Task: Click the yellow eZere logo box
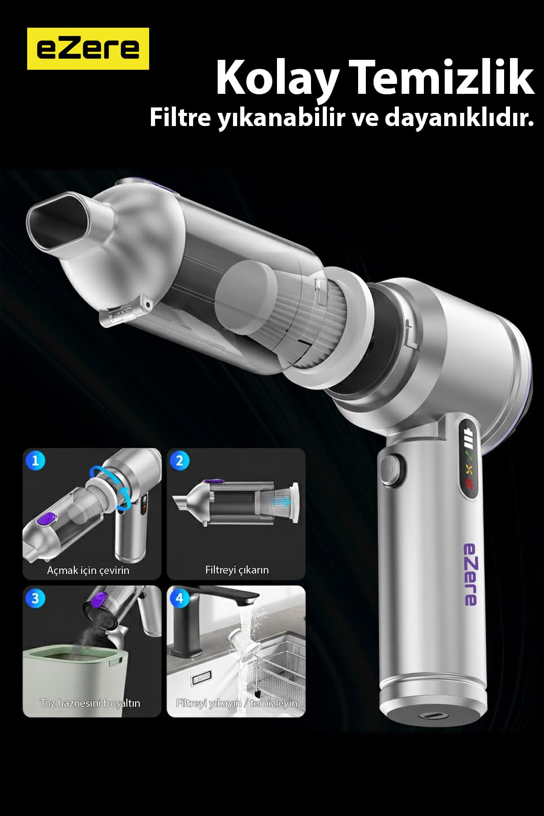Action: pyautogui.click(x=88, y=49)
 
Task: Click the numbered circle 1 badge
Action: pyautogui.click(x=35, y=461)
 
